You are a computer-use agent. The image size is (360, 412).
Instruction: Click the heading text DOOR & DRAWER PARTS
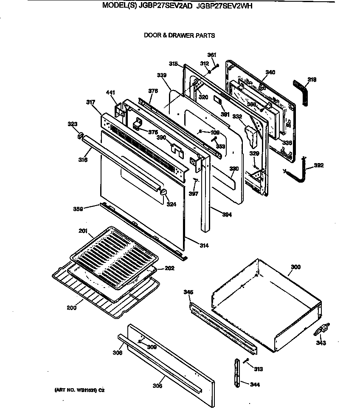(x=179, y=36)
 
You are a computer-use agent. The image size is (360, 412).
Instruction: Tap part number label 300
(x=295, y=267)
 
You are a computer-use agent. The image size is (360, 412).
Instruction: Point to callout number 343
(x=321, y=343)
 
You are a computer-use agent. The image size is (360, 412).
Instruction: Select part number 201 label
(x=83, y=231)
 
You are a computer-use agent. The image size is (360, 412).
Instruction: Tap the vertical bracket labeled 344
(x=236, y=373)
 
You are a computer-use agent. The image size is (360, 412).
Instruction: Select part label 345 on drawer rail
(x=188, y=292)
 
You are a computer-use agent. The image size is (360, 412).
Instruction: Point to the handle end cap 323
(x=79, y=136)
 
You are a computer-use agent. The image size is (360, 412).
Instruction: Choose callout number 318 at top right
(x=312, y=79)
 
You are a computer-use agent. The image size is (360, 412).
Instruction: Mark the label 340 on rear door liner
(x=270, y=73)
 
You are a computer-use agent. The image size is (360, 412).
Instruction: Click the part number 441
(x=110, y=93)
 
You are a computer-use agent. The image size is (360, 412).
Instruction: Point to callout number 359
(x=78, y=208)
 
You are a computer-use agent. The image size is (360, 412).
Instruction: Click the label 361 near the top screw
(x=212, y=55)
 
